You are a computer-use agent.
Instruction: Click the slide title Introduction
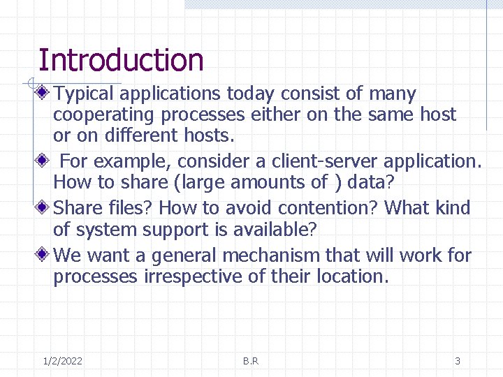point(121,60)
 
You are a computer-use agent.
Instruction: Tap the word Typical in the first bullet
point(84,94)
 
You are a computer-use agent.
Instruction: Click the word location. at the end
point(352,276)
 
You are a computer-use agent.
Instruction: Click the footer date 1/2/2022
point(62,361)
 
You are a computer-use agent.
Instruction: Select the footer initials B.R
point(251,361)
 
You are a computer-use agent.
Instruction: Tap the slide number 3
point(458,361)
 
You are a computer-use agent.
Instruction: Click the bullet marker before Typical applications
point(44,93)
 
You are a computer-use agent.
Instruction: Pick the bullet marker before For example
point(44,161)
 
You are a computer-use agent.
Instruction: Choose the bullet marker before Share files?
point(44,208)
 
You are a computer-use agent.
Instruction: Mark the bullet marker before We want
point(44,256)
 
